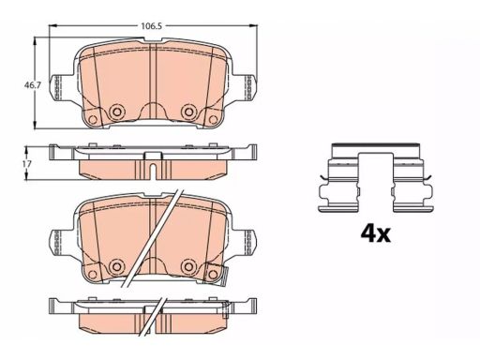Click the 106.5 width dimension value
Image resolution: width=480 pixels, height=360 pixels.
(x=151, y=26)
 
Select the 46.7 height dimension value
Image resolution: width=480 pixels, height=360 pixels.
(x=33, y=85)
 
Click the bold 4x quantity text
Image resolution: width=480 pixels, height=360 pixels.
(x=375, y=233)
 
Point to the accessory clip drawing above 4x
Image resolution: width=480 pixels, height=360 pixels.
(x=376, y=178)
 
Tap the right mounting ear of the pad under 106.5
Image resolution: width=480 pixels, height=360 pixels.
(x=245, y=87)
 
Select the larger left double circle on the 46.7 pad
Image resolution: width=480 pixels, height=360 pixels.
(x=117, y=112)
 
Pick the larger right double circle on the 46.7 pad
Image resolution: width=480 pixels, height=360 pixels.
(x=188, y=112)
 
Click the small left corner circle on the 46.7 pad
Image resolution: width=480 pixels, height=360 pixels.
(x=93, y=119)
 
